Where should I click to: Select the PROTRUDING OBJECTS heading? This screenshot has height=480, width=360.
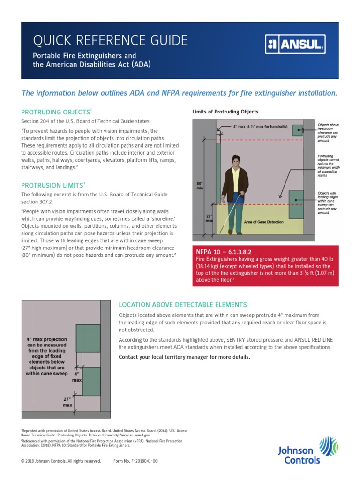point(57,112)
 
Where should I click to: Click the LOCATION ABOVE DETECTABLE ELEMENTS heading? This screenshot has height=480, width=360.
point(183,304)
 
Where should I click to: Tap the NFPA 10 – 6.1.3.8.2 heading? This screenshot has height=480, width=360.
point(224,251)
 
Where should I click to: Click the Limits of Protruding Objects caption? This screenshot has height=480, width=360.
point(225,112)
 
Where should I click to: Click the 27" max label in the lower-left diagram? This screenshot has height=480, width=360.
point(68,401)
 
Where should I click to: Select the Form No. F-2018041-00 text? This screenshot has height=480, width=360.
point(135,461)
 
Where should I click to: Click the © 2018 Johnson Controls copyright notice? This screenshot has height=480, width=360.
point(61,461)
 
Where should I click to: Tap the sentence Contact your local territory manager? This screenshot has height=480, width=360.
point(185,357)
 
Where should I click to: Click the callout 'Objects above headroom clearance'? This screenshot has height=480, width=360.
point(328,131)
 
